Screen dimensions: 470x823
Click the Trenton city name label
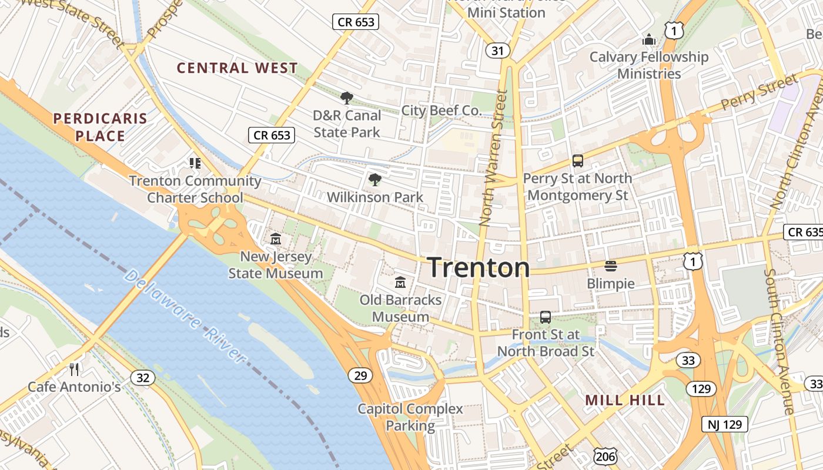point(479,267)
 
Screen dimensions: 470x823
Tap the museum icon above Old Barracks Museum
point(400,283)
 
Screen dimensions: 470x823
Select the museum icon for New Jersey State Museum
point(275,239)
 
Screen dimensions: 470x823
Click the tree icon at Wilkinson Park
point(374,180)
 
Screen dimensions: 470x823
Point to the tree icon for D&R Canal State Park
point(347,98)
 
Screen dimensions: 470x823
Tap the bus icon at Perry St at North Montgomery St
point(577,160)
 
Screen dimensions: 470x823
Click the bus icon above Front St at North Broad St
point(546,317)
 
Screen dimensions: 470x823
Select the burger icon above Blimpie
point(610,266)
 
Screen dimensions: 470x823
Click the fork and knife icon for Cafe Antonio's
point(74,369)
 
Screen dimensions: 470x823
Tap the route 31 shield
point(497,51)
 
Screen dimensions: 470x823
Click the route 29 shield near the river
point(359,375)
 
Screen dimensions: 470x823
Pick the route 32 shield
point(143,377)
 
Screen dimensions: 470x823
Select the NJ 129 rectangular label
point(725,424)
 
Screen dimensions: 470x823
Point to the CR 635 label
point(803,232)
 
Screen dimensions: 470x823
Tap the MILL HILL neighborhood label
point(625,401)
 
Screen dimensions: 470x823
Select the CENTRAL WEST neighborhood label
point(237,68)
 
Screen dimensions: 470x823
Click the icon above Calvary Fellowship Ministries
point(649,40)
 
